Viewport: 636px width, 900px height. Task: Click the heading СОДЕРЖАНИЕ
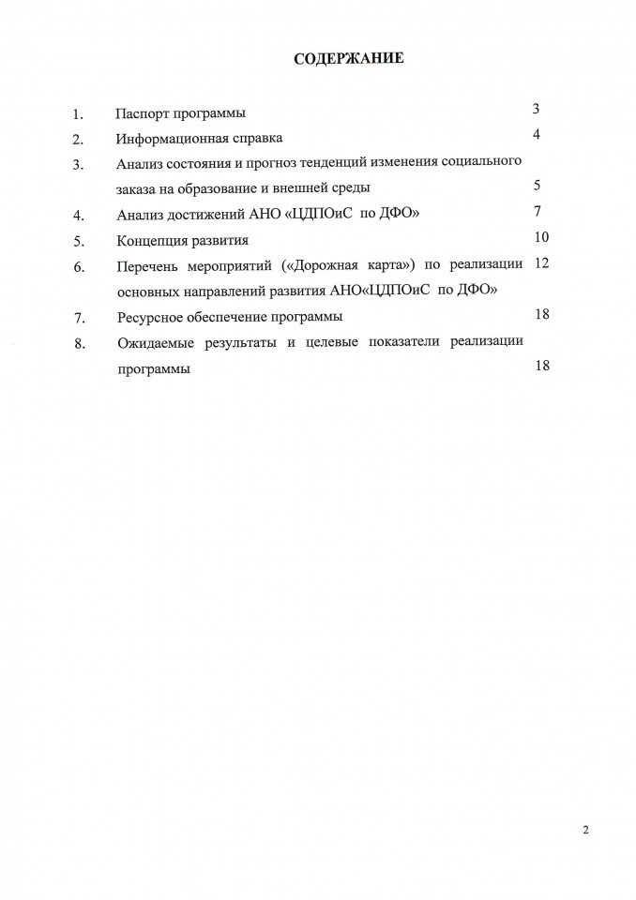349,59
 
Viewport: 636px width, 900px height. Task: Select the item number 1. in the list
79,115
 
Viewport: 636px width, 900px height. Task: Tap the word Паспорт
141,113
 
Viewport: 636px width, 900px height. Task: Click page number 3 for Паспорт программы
536,110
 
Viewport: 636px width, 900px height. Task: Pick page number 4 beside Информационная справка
537,135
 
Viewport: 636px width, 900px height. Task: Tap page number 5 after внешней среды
537,186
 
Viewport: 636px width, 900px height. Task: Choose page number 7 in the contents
537,209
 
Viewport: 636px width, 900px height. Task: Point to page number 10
541,235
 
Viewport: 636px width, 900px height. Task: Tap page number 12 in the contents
540,262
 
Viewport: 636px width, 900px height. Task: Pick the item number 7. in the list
79,318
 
